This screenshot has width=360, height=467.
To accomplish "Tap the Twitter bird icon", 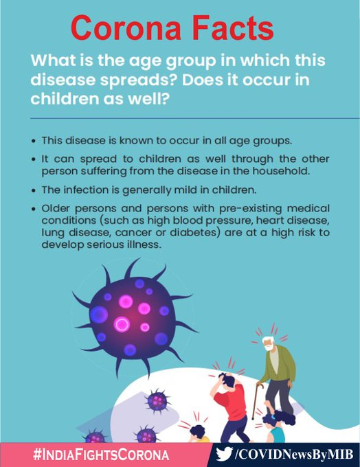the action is click(x=225, y=454).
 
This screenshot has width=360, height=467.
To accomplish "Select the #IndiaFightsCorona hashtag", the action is click(x=101, y=455).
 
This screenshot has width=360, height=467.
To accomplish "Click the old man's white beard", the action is click(x=269, y=348).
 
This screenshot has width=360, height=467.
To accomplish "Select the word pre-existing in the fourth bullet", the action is click(x=250, y=209).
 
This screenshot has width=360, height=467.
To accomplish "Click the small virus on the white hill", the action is click(x=157, y=401).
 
